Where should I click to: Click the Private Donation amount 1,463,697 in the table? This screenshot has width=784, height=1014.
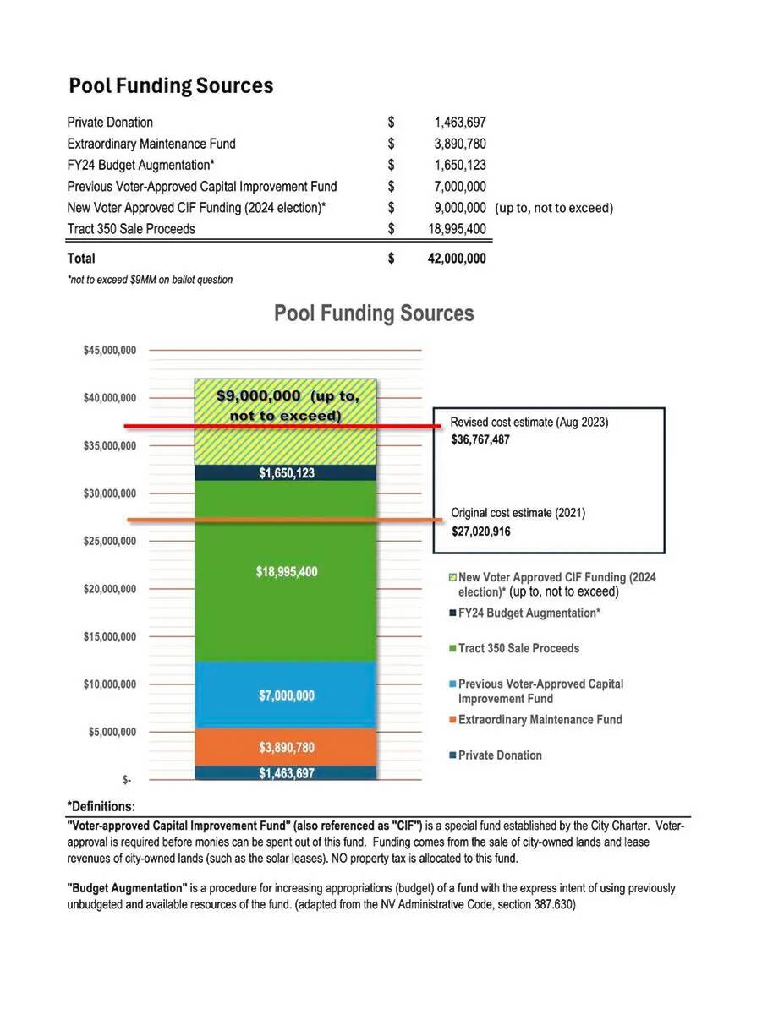(454, 123)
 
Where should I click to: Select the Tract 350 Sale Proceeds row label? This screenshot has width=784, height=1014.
(131, 229)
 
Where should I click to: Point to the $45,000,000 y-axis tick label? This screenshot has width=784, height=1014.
(110, 350)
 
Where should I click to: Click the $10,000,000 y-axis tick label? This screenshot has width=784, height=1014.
(110, 684)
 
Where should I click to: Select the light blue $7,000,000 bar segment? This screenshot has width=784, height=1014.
(286, 695)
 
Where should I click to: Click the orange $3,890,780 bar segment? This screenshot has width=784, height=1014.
(286, 748)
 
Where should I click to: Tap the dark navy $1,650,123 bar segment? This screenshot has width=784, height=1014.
(286, 473)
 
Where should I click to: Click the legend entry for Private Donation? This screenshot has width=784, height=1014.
(500, 755)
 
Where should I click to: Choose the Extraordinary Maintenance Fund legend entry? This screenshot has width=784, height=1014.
(540, 720)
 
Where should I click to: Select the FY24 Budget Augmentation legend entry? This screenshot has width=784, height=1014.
(529, 613)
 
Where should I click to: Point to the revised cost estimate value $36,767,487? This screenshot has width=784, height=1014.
(480, 440)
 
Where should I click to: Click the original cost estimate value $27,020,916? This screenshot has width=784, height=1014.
(480, 532)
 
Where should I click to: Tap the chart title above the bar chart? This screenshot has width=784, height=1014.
(374, 313)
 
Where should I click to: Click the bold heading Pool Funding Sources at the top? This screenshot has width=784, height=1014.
(171, 86)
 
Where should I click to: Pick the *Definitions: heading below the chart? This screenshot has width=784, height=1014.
(101, 806)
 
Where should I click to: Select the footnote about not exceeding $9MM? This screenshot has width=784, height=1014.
(150, 280)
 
